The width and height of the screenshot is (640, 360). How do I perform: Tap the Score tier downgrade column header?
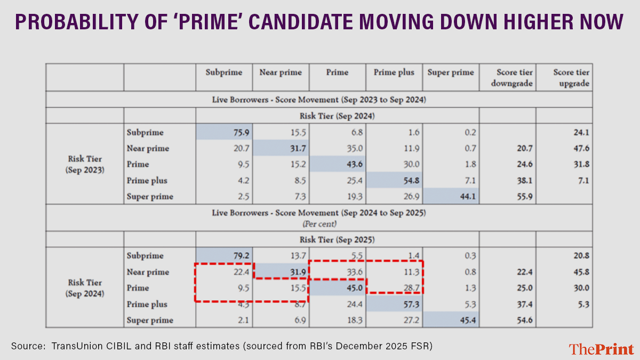[508, 77]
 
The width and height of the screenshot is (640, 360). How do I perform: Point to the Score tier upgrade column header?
[564, 77]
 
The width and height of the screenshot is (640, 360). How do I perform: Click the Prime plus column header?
[394, 73]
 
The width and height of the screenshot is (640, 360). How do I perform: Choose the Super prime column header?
[451, 73]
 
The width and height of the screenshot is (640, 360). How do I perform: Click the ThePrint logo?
[601, 349]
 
